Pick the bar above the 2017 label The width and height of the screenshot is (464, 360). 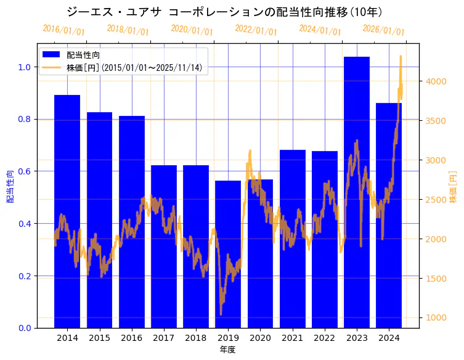click(x=164, y=247)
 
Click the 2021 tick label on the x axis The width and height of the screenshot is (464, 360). click(x=292, y=338)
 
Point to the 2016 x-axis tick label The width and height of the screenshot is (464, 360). click(x=131, y=338)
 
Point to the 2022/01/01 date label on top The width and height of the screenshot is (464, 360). click(x=256, y=30)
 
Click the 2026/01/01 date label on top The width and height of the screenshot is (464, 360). click(x=383, y=30)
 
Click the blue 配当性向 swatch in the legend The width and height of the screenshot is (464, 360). click(x=51, y=55)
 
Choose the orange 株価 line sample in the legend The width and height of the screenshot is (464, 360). click(x=51, y=67)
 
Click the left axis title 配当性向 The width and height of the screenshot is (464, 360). click(x=10, y=186)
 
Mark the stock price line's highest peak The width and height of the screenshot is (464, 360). click(x=401, y=56)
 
